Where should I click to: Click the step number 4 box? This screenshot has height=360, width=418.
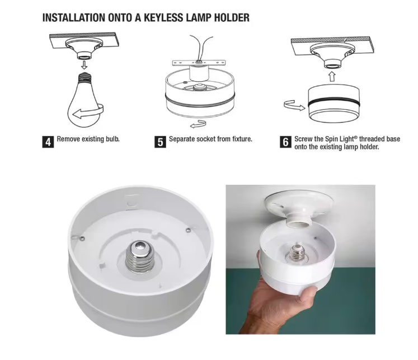(48, 142)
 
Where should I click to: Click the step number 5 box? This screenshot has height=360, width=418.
(160, 142)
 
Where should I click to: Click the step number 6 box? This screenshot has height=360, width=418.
(285, 142)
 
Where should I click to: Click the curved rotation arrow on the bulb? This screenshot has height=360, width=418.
(88, 111)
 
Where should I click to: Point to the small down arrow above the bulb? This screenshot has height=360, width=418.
(84, 64)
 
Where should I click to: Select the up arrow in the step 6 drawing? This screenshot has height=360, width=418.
(332, 77)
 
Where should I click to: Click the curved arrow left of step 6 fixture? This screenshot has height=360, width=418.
(294, 105)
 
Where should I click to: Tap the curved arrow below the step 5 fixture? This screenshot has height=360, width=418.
(198, 124)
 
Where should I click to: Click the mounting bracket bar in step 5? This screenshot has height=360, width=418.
(199, 63)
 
